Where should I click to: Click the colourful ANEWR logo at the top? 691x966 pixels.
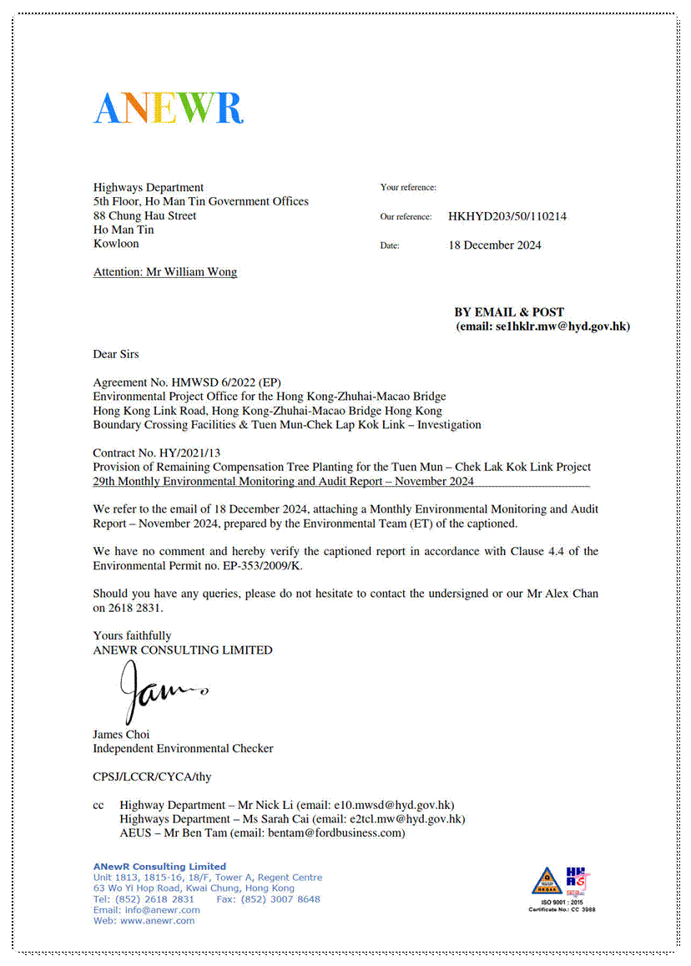click(x=168, y=108)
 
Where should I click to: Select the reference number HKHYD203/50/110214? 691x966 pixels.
click(x=507, y=216)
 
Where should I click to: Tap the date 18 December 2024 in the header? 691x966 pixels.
click(x=495, y=245)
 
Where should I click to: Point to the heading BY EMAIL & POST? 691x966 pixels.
click(x=509, y=312)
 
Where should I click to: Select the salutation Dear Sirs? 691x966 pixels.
click(x=116, y=354)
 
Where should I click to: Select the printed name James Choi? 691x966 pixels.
click(x=122, y=735)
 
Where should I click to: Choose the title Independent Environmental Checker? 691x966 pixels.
click(x=183, y=749)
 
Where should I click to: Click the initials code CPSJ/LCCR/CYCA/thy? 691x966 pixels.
click(x=152, y=776)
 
